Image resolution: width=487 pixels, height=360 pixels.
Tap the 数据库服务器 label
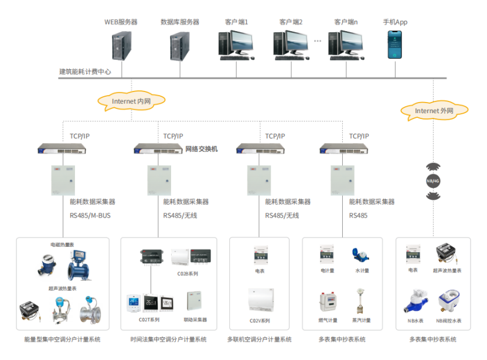[x=180, y=22]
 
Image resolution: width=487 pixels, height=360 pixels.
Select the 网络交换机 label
[x=202, y=149]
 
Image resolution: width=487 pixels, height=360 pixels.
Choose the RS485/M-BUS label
[x=90, y=215]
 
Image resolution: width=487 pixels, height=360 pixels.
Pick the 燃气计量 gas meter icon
[x=327, y=301]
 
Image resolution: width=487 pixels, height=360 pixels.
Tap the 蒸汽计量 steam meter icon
[x=360, y=301]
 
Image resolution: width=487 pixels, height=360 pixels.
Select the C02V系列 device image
[x=259, y=300]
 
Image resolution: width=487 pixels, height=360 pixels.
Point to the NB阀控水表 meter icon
[x=449, y=300]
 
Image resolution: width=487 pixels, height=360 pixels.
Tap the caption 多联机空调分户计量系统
[x=259, y=339]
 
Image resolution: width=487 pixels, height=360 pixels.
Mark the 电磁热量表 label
[x=63, y=244]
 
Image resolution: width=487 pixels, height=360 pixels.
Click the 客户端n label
[x=346, y=22]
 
